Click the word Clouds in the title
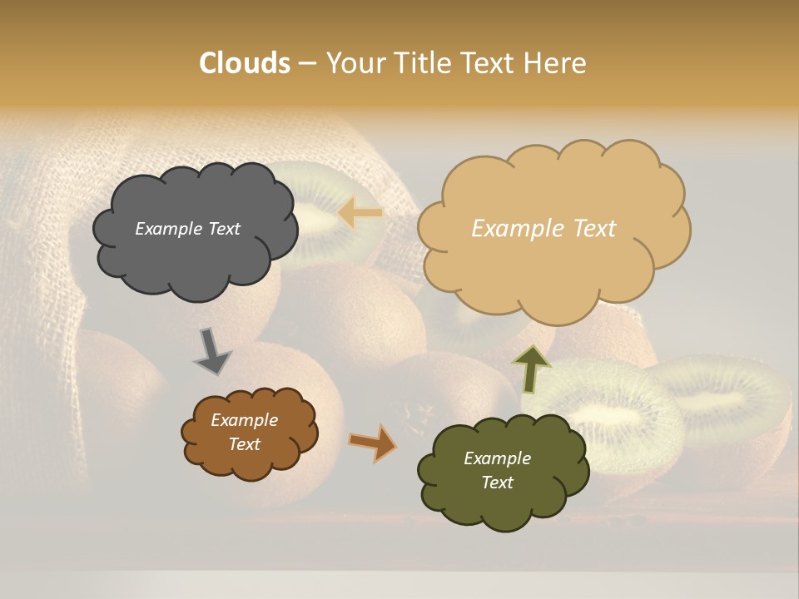point(245,63)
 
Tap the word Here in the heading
point(556,63)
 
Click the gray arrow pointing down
point(211,351)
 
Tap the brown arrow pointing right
point(372,442)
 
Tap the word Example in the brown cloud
point(245,420)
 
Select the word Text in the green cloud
point(498,483)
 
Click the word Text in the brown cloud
point(245,444)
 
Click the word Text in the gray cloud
point(224,229)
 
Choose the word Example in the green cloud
point(498,458)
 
